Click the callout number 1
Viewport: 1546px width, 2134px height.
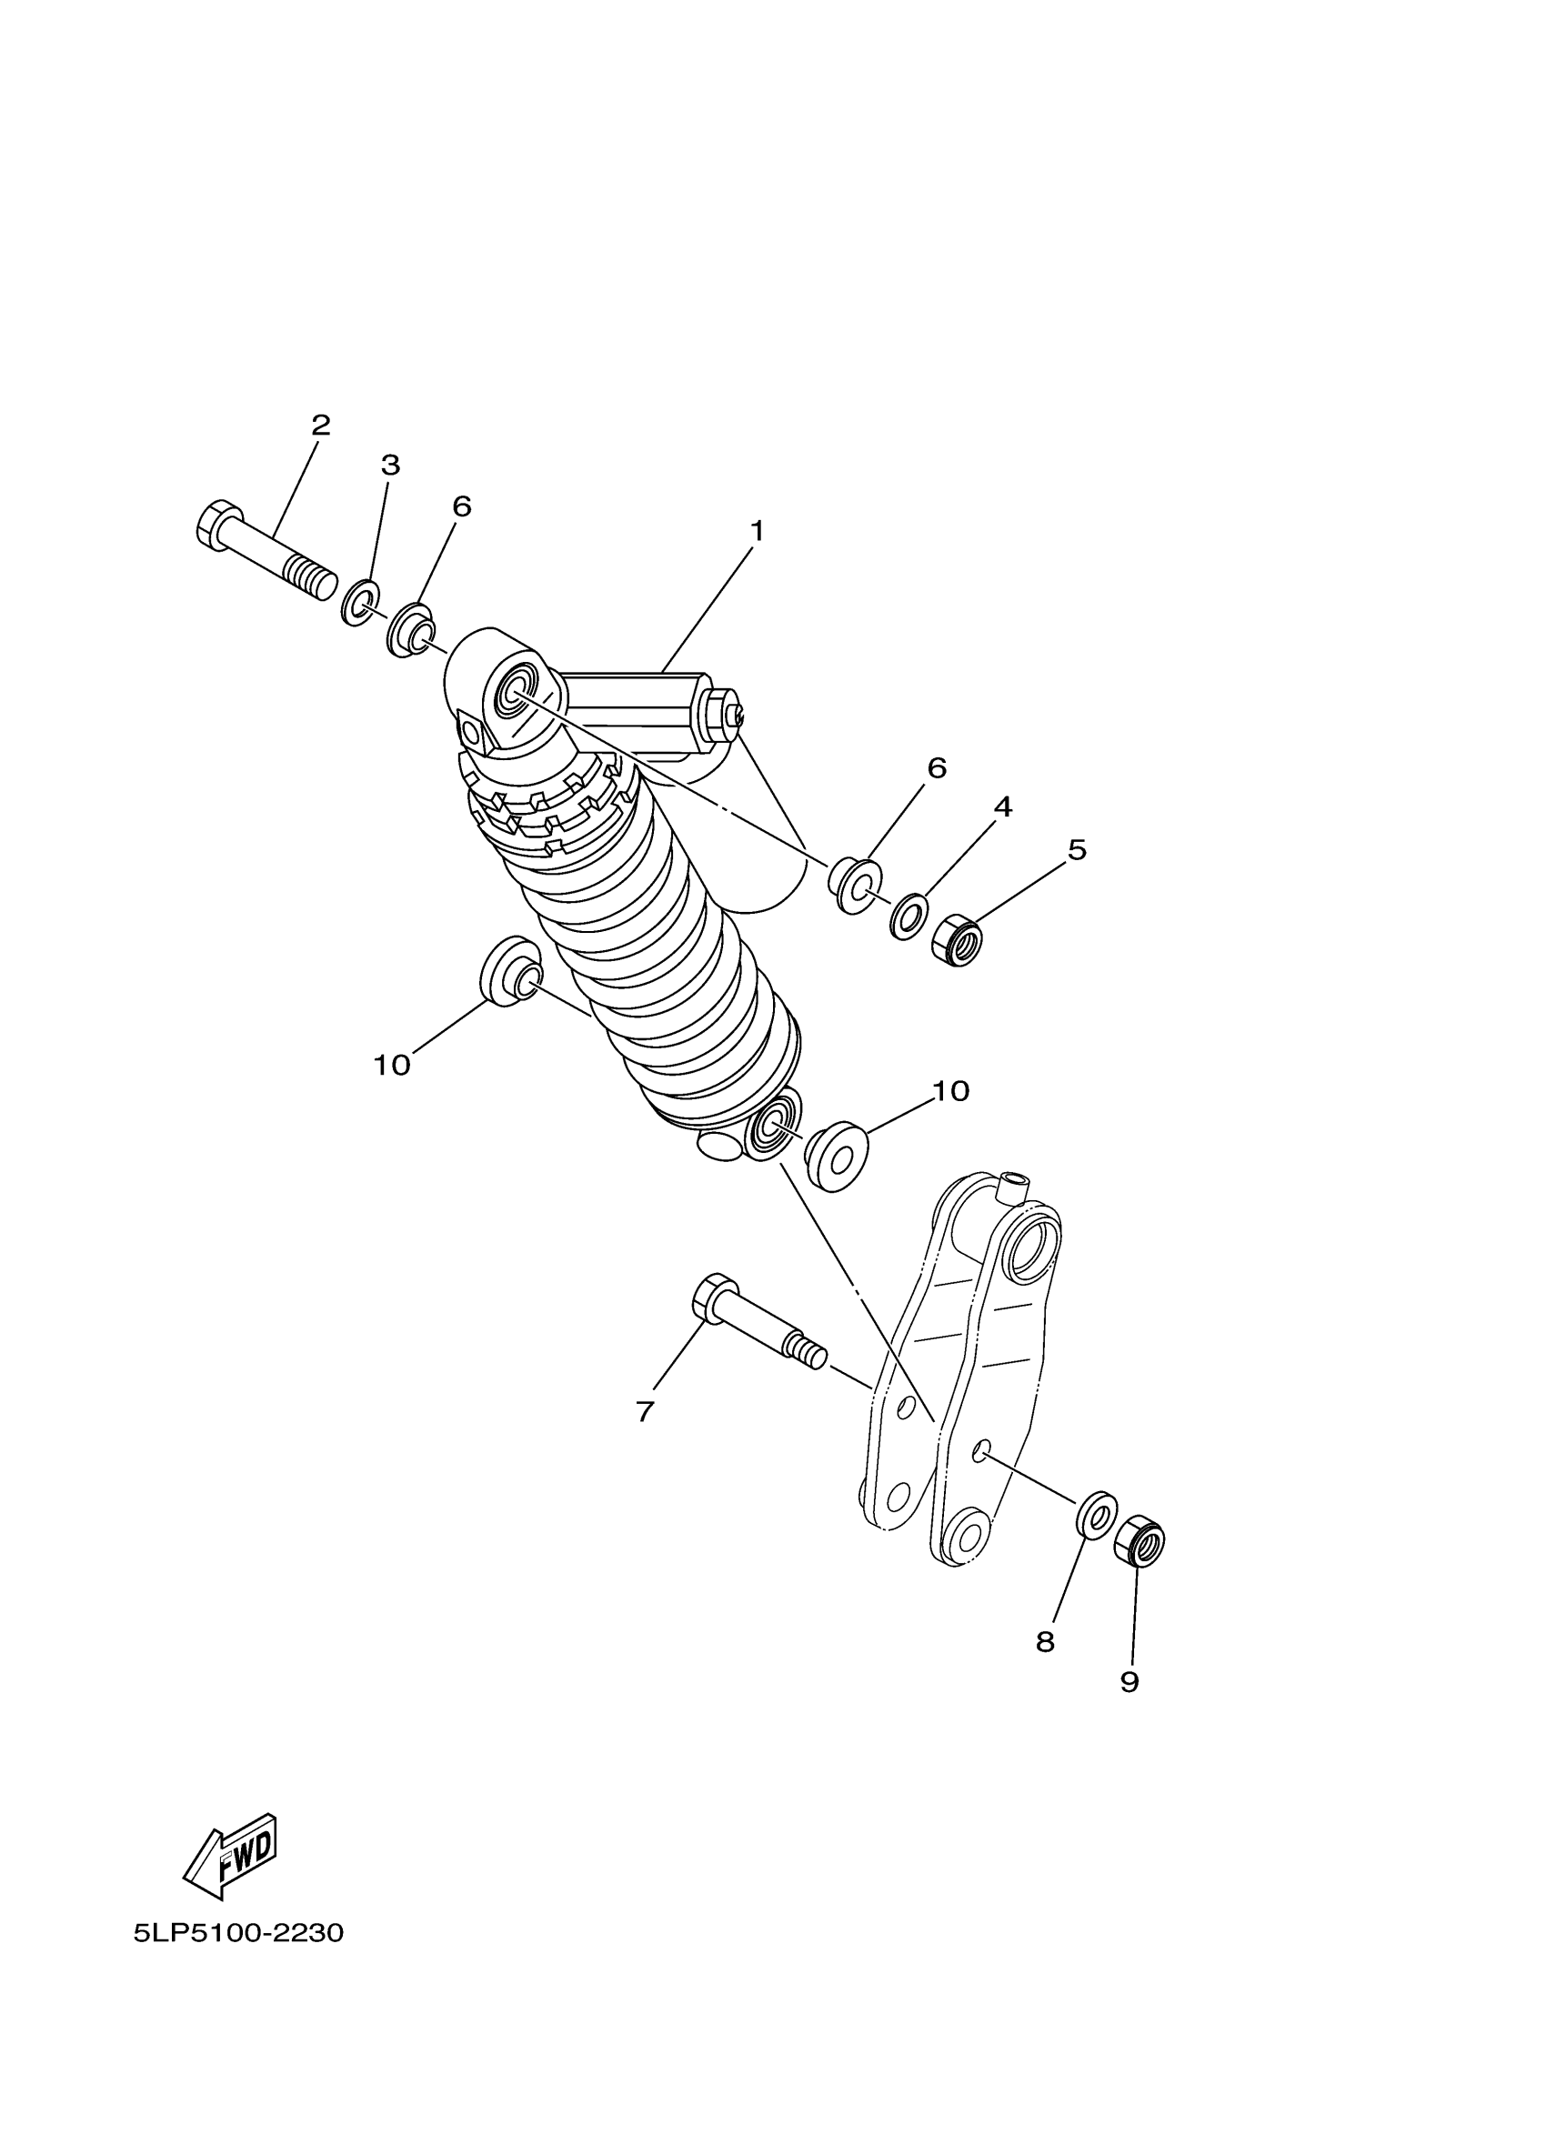[757, 532]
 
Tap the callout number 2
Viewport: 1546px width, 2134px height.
[321, 426]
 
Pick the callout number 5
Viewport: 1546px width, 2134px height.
[1077, 849]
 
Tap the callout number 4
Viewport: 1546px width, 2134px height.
[1003, 807]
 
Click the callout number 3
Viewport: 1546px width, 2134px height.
[389, 465]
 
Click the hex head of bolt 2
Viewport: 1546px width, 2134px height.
[220, 523]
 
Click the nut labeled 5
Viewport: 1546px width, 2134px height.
[957, 939]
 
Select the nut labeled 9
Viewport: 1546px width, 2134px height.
[1139, 1540]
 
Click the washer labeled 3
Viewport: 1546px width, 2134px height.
[359, 603]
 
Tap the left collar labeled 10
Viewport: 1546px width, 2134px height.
[511, 971]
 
